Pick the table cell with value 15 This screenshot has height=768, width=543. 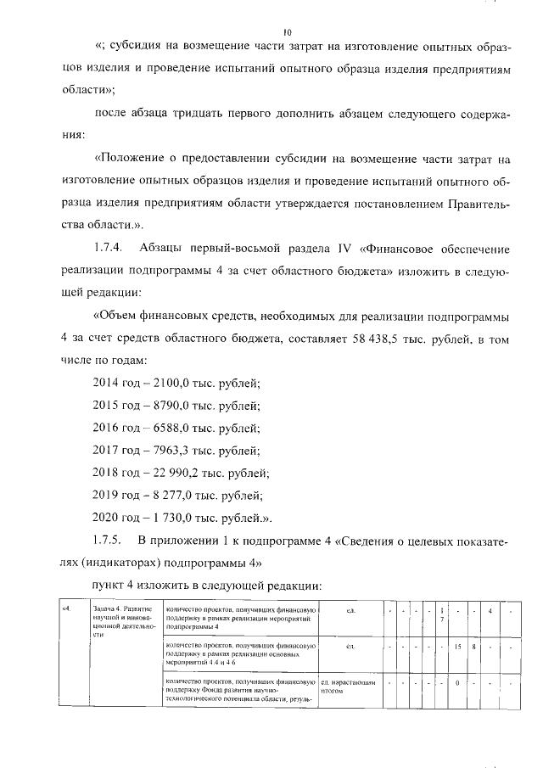point(457,647)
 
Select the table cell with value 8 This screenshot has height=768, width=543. point(473,647)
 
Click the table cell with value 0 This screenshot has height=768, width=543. point(457,682)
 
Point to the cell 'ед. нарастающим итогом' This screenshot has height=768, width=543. point(347,687)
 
